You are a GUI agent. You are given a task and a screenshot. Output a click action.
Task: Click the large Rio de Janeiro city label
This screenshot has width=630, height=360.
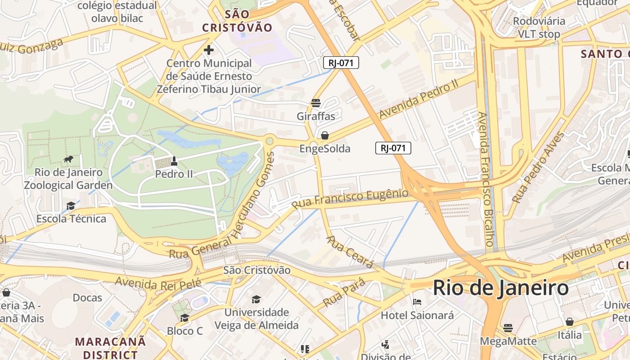coord(500,288)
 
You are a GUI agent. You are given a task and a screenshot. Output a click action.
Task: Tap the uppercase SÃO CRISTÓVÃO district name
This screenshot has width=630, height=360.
coord(237,21)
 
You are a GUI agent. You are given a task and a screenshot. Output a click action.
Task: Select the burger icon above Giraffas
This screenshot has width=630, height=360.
coord(316,103)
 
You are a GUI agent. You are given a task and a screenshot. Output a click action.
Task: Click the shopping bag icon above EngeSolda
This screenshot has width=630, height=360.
coord(325,135)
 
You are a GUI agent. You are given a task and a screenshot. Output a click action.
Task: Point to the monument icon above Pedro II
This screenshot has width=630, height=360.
coord(174,161)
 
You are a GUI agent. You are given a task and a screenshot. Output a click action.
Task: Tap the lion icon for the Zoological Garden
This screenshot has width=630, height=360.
coord(68,159)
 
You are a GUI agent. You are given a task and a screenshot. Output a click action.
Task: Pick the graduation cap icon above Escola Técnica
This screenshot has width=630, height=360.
coord(71,206)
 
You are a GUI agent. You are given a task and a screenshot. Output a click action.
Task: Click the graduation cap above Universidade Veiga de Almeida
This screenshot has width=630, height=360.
coord(256,299)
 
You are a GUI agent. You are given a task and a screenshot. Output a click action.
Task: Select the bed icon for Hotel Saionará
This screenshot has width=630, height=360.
coord(417,302)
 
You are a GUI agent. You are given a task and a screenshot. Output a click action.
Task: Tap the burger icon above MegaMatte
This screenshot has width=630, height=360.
coord(508,328)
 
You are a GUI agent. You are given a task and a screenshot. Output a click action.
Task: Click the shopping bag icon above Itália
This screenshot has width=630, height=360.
coord(569,322)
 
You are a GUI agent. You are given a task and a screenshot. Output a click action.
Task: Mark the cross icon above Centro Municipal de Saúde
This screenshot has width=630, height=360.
coord(209,50)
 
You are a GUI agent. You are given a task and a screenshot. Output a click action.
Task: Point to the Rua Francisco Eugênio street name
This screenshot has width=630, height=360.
coord(350,198)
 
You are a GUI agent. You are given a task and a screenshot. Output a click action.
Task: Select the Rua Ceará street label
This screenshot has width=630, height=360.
coord(349,252)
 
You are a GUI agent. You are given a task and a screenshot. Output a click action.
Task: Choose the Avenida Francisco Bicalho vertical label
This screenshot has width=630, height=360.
coord(487,179)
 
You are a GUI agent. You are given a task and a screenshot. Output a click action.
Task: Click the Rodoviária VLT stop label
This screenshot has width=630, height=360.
coord(539,27)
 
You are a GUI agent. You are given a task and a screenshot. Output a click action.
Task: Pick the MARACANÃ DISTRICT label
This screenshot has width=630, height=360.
coord(110,348)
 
